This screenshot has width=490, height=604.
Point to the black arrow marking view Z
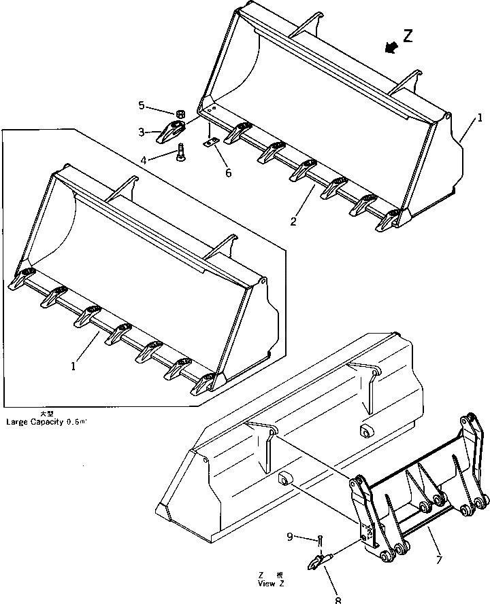pos(391,46)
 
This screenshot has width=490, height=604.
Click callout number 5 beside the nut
pos(142,105)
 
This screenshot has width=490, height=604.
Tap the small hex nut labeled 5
pos(181,113)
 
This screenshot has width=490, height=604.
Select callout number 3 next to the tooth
pos(142,131)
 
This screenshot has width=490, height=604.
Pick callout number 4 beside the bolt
pos(144,160)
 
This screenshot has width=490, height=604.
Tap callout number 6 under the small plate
pos(228,173)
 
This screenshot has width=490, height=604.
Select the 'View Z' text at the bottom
pos(267,584)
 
